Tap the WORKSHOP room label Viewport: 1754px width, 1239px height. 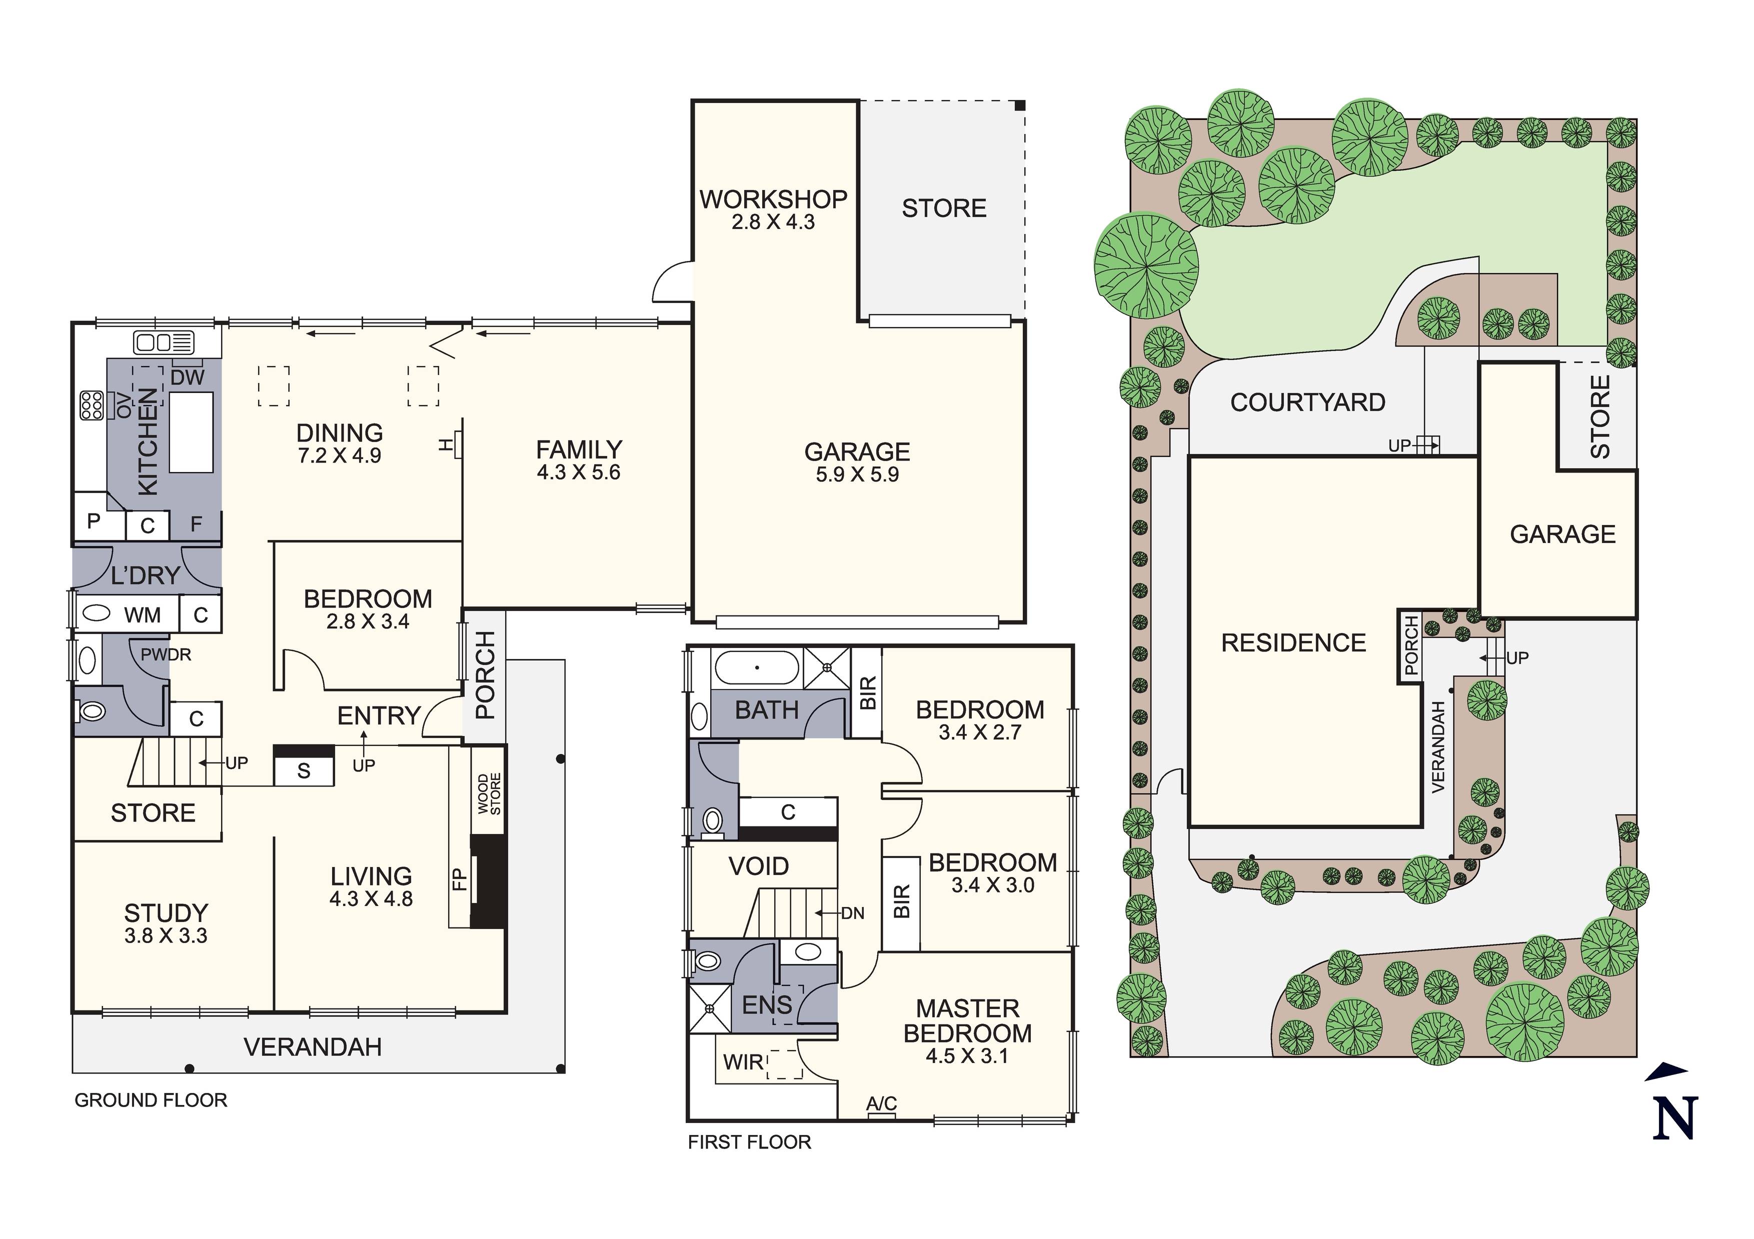pyautogui.click(x=773, y=199)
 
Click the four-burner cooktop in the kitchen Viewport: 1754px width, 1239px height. pyautogui.click(x=92, y=405)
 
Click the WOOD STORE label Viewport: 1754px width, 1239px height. pyautogui.click(x=489, y=794)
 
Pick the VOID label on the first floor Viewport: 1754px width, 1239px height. pyautogui.click(x=759, y=866)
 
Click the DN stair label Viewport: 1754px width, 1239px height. pyautogui.click(x=853, y=913)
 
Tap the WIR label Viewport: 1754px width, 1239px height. pyautogui.click(x=743, y=1062)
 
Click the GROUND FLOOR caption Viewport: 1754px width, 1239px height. pyautogui.click(x=151, y=1100)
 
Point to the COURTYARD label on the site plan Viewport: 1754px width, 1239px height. pyautogui.click(x=1308, y=402)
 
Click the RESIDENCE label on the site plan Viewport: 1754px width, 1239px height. pyautogui.click(x=1293, y=643)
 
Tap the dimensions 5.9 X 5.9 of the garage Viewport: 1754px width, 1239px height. pyautogui.click(x=857, y=474)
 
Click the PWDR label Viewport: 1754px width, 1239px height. pyautogui.click(x=166, y=654)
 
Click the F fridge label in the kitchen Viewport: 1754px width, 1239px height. pyautogui.click(x=197, y=525)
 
